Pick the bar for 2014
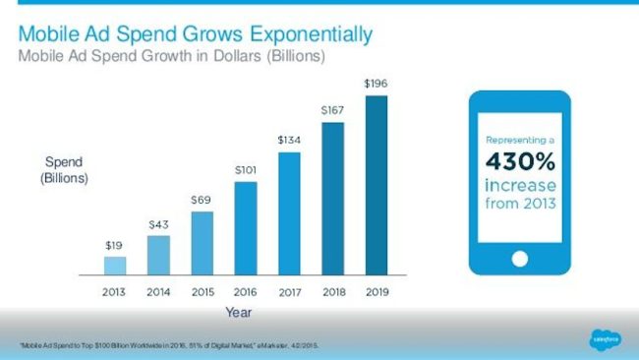pos(158,255)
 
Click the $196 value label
pos(376,85)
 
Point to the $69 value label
pos(202,200)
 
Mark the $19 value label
pos(115,245)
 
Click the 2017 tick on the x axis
pos(289,291)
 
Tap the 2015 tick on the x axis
pos(202,291)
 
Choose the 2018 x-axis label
pos(332,291)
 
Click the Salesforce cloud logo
pos(603,338)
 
